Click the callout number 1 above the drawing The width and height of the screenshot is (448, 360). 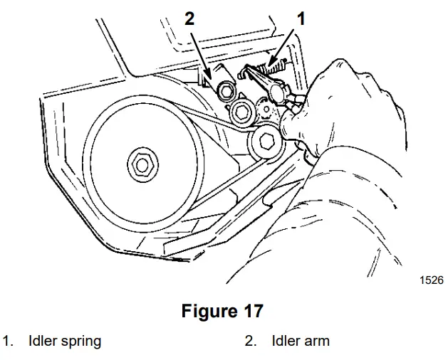[x=301, y=18]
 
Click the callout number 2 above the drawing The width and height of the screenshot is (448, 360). [x=189, y=18]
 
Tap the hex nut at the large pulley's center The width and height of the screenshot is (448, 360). [x=141, y=165]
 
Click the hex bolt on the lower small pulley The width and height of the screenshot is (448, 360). [x=266, y=142]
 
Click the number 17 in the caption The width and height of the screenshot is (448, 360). [x=251, y=311]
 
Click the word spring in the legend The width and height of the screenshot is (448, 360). [x=80, y=341]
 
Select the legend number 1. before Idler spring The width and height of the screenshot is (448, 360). [x=9, y=341]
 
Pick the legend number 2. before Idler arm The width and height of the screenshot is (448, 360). [x=251, y=341]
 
